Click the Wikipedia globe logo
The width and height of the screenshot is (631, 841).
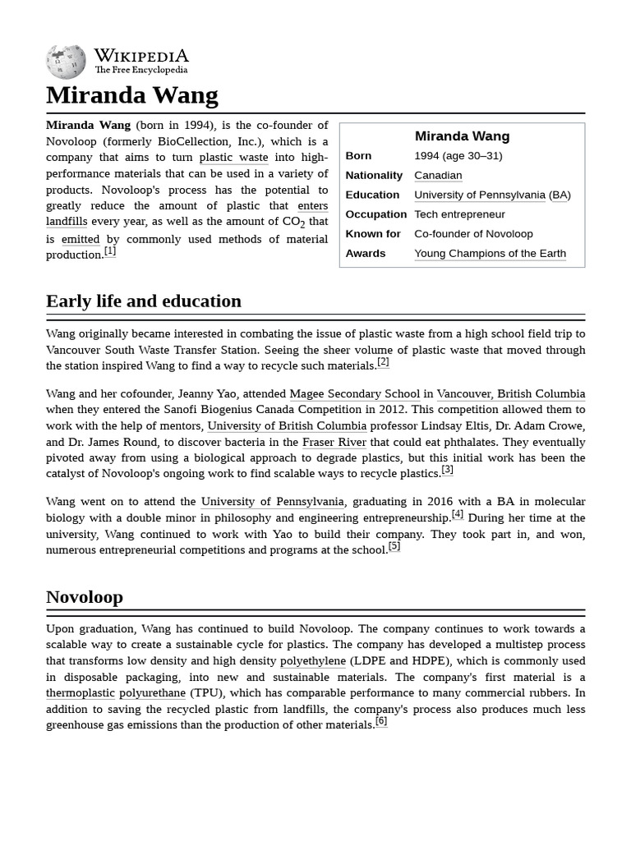point(66,62)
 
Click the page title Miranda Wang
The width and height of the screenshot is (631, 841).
point(131,95)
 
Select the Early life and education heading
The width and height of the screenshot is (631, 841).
point(143,301)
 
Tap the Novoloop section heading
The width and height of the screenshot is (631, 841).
point(84,597)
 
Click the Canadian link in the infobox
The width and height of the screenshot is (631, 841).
point(437,175)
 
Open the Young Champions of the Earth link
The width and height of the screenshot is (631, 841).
point(490,253)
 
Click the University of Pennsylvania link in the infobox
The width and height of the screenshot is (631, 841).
point(479,195)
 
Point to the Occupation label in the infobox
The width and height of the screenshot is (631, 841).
point(375,214)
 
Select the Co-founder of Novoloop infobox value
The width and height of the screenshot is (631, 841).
point(473,234)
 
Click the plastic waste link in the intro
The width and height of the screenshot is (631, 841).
point(233,158)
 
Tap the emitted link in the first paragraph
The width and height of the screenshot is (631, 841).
point(81,239)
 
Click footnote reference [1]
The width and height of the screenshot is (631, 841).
point(110,251)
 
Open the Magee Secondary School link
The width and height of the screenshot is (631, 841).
point(354,394)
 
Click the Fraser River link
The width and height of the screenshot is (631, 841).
point(334,442)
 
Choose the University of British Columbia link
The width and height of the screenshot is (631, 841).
point(287,426)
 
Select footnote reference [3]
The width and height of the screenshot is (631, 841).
point(447,471)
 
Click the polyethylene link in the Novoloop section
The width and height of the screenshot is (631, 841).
point(312,661)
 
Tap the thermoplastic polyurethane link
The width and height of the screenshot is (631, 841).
point(116,693)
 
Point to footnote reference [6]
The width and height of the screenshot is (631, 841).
point(380,722)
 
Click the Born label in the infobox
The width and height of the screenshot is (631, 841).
point(358,156)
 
